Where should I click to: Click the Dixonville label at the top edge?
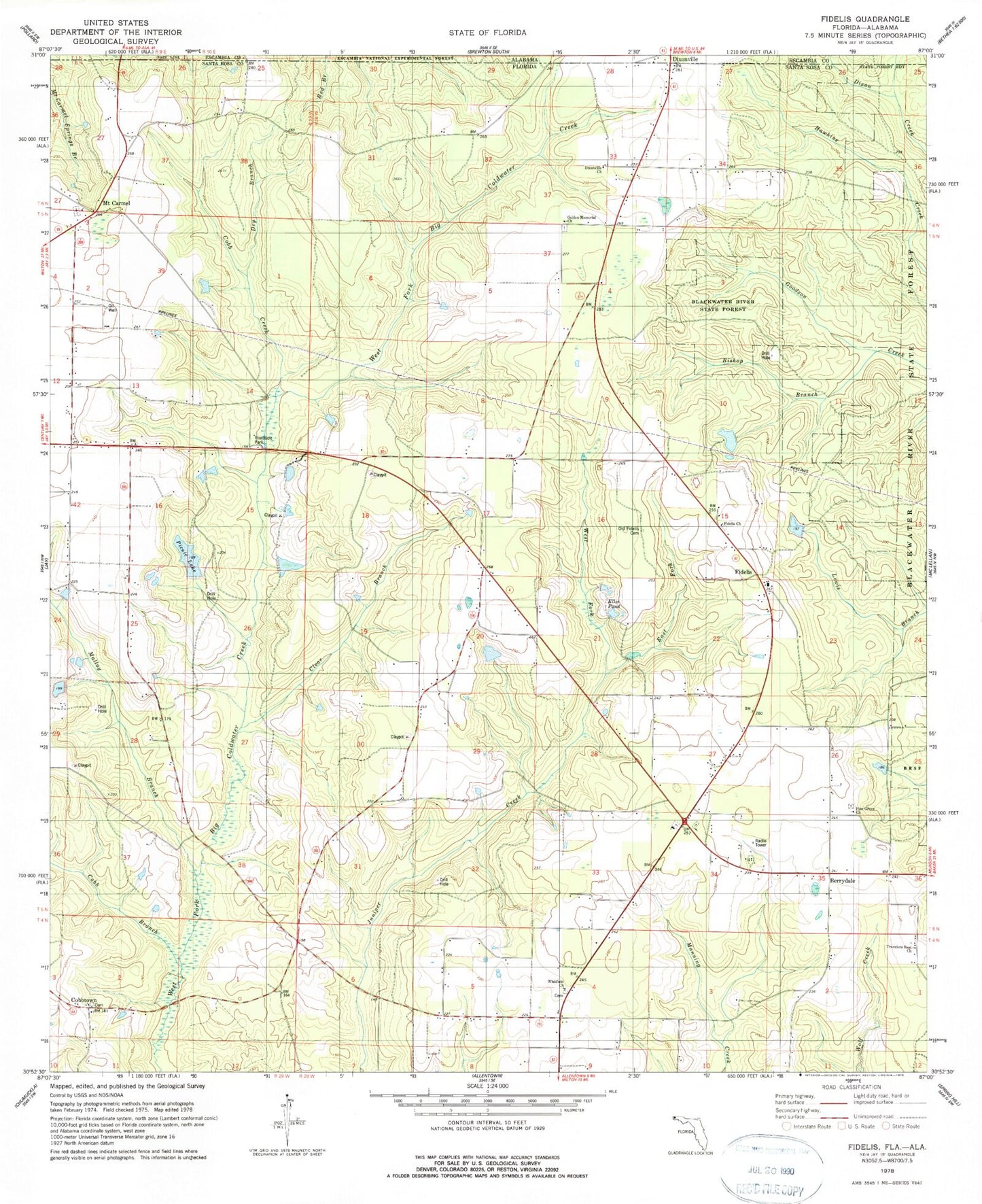click(x=685, y=59)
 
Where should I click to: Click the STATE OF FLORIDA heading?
click(x=487, y=32)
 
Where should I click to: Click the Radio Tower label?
click(x=760, y=843)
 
